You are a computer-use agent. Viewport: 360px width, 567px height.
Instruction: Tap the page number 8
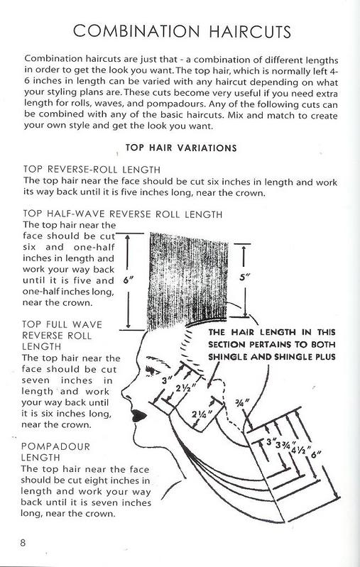23,544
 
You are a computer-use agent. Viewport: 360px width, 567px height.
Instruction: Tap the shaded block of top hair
186,273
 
